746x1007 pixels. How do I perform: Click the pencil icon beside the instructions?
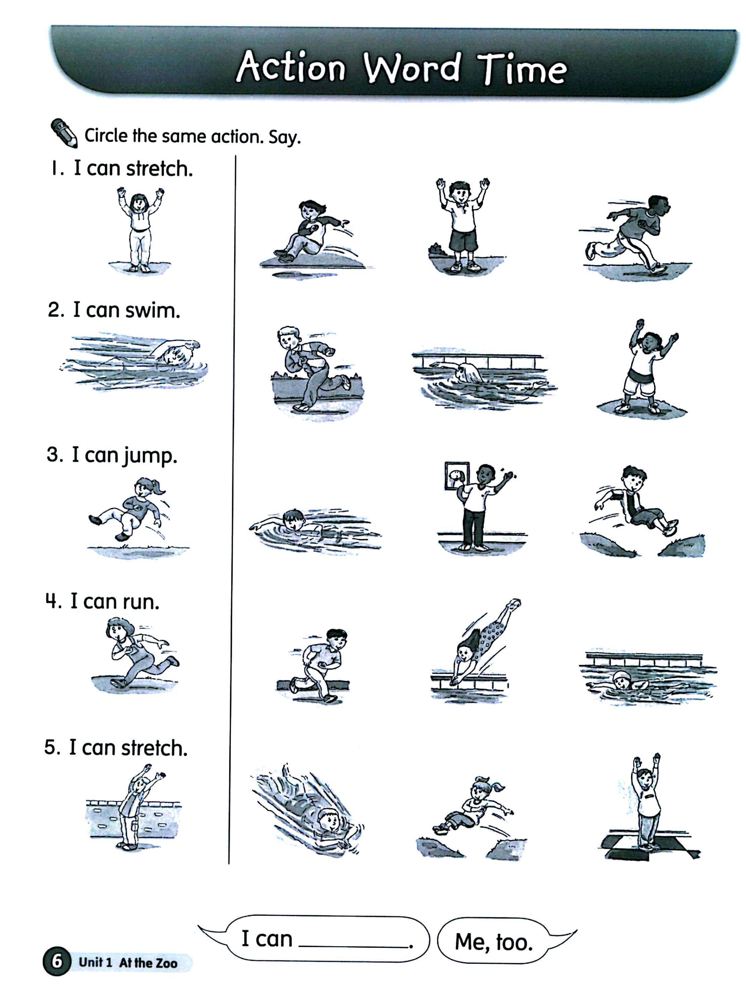(x=64, y=132)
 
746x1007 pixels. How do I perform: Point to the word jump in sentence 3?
(x=148, y=456)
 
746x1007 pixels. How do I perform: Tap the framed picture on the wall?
(x=456, y=476)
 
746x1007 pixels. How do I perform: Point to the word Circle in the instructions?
(x=106, y=136)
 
